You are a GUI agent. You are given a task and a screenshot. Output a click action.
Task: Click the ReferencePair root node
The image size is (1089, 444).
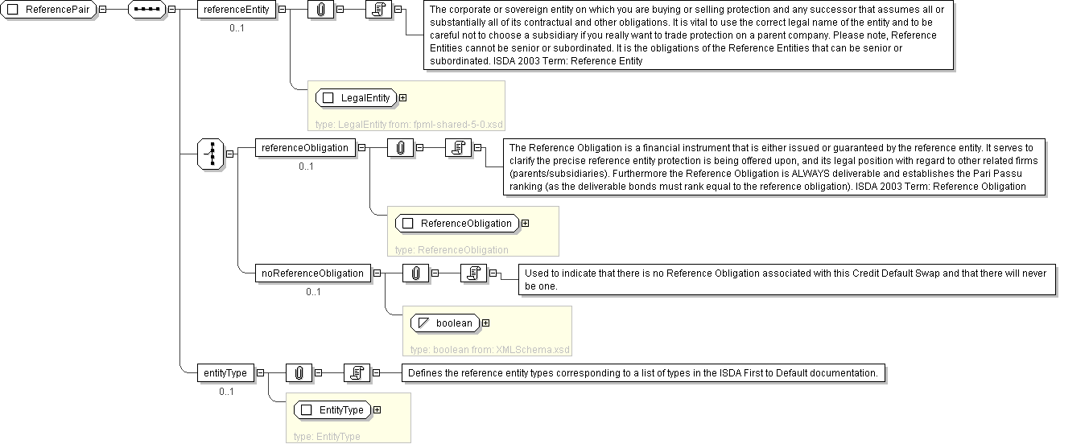(48, 9)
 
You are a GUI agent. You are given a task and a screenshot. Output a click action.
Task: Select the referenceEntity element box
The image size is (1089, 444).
(237, 9)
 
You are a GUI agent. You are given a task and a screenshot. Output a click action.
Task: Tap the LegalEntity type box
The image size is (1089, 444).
(356, 97)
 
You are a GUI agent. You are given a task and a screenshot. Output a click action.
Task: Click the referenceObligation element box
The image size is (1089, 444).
(305, 148)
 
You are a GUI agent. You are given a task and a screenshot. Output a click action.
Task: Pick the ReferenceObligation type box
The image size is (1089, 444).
(457, 224)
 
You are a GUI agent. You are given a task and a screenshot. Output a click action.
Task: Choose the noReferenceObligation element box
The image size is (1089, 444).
(312, 273)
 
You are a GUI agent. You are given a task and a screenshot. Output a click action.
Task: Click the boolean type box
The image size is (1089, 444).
(445, 323)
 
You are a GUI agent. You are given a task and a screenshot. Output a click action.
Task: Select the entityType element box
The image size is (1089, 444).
(225, 373)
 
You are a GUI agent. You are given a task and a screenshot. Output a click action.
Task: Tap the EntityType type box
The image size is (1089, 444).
(332, 410)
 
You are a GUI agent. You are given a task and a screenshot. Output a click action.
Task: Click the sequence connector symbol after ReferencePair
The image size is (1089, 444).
(146, 9)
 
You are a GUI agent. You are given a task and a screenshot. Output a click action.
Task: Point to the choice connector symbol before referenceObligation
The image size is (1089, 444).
(211, 154)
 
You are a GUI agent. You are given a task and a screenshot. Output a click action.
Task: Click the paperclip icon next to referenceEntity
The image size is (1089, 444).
(321, 9)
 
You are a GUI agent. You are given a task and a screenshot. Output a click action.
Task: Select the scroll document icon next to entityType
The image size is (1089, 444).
(357, 373)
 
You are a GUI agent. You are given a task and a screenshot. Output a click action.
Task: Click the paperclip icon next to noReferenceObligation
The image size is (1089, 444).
(415, 273)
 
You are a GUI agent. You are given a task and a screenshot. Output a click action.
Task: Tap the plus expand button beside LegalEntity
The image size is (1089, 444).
(403, 97)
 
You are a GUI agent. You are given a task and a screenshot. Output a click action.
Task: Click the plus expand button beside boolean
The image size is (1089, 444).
(485, 323)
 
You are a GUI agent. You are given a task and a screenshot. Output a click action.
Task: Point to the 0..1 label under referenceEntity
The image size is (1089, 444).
(237, 28)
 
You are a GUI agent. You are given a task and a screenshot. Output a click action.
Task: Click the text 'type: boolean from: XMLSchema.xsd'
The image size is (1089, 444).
(489, 350)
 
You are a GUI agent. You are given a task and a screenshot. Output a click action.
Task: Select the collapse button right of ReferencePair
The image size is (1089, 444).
(102, 9)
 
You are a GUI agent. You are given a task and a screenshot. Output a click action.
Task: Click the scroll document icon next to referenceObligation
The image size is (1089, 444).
(459, 148)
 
